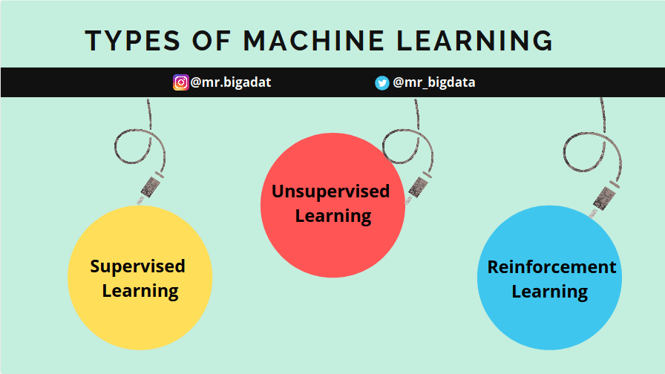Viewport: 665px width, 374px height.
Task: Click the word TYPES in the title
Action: (x=133, y=41)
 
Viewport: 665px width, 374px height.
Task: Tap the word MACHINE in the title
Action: (x=314, y=41)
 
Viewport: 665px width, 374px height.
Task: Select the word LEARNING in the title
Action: (x=475, y=41)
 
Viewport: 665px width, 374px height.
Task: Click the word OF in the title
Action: (x=212, y=41)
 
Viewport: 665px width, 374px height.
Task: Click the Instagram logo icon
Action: (x=180, y=82)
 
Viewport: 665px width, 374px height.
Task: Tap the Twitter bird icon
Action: (x=381, y=82)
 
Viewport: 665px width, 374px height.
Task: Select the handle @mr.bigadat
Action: (x=231, y=82)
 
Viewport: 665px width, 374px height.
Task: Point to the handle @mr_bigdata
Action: (x=434, y=82)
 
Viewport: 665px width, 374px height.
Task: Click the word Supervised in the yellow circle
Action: (x=138, y=267)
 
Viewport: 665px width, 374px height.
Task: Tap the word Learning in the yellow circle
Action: (x=140, y=292)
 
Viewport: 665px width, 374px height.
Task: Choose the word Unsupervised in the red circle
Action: (x=331, y=191)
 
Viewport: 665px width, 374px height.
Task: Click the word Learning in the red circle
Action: (x=333, y=216)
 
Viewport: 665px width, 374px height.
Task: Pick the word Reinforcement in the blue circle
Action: (x=551, y=267)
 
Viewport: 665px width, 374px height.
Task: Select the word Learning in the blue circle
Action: (x=550, y=292)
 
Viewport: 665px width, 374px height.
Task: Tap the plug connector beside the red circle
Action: (x=418, y=187)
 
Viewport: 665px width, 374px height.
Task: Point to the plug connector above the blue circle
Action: (x=604, y=198)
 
